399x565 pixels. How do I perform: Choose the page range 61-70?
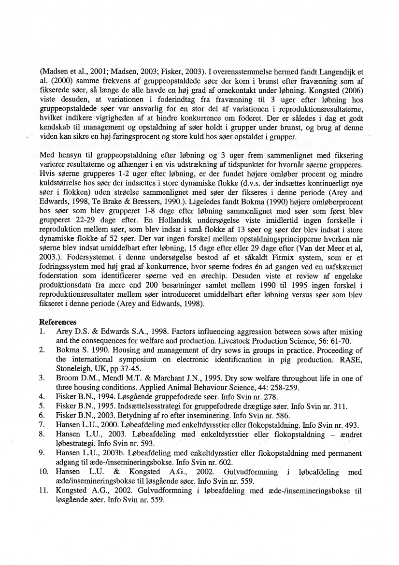339,341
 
